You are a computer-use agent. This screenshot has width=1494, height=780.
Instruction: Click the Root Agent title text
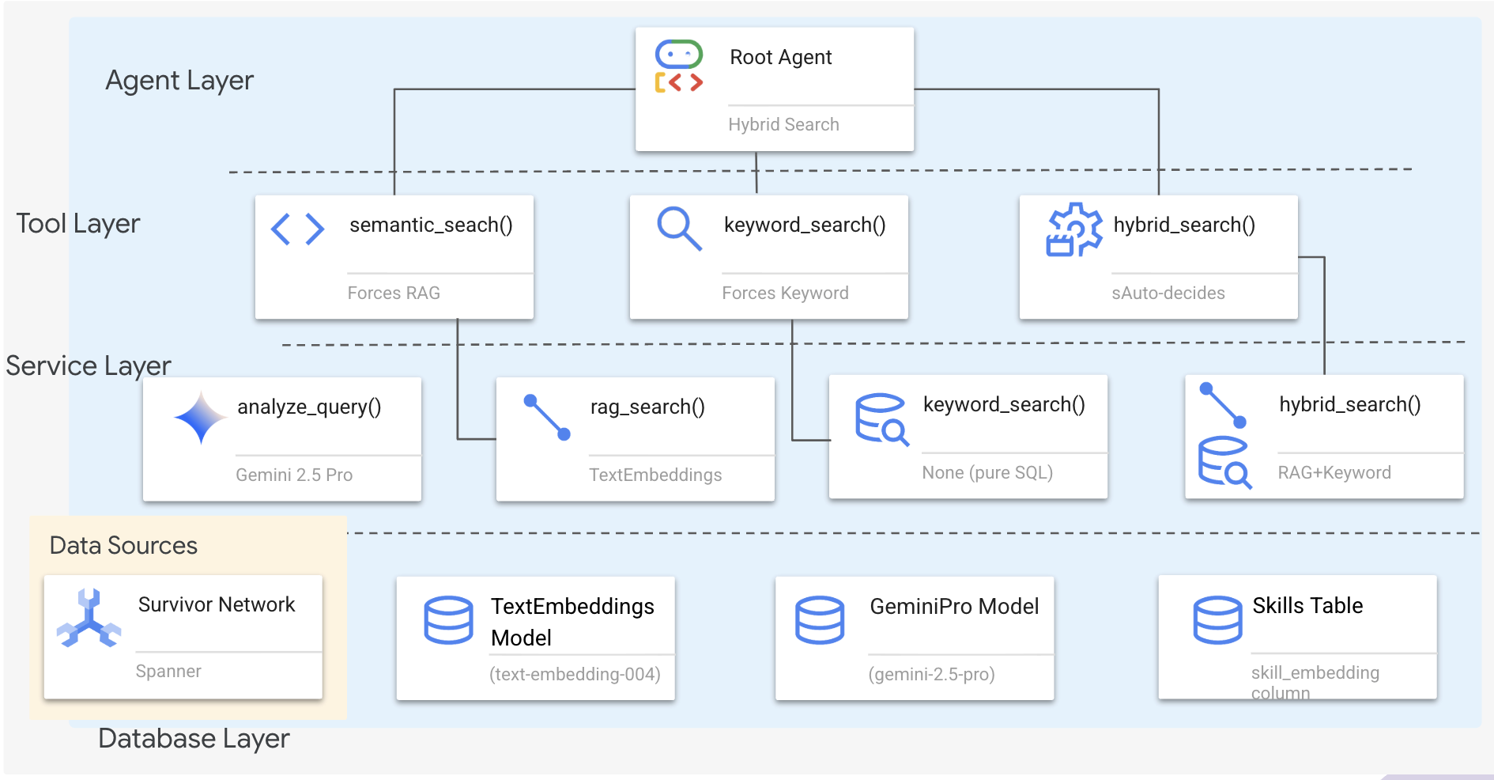(780, 58)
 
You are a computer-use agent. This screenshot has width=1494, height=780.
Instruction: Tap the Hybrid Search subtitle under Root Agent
(783, 124)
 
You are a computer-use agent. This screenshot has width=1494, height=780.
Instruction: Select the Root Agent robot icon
(678, 66)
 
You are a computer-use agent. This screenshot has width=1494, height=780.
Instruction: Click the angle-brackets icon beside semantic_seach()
(297, 229)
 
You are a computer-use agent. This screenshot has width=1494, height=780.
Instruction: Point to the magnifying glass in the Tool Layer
(679, 229)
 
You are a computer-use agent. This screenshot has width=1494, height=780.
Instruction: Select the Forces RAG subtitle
(394, 293)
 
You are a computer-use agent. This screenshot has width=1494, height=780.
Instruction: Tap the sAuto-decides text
(1168, 293)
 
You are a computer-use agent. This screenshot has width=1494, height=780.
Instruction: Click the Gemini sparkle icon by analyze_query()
(200, 417)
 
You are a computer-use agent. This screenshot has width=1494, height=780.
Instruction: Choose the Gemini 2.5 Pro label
(294, 475)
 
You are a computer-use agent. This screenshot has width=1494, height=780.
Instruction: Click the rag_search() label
(647, 407)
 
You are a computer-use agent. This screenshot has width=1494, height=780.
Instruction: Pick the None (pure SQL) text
(987, 472)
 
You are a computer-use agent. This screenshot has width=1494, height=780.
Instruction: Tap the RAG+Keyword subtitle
(1334, 472)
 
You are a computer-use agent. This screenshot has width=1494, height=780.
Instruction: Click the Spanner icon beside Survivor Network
(89, 619)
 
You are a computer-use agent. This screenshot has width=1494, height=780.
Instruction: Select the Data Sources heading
(123, 546)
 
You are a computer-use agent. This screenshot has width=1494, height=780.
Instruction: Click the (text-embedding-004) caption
(575, 674)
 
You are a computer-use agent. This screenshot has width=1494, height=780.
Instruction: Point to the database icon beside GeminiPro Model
(820, 619)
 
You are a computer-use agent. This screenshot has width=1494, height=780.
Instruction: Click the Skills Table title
(1307, 606)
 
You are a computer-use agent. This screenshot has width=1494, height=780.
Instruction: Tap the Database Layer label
(194, 739)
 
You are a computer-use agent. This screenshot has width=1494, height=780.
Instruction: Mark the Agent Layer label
(179, 81)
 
